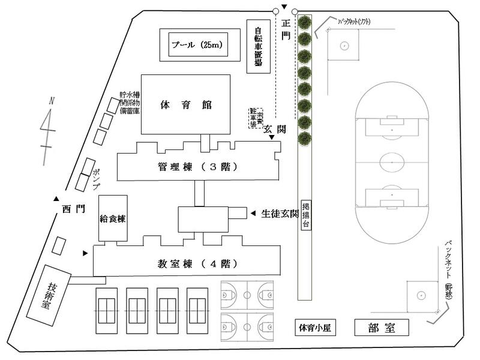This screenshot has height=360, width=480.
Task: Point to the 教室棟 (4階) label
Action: click(198, 263)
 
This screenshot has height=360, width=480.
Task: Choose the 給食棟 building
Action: click(112, 218)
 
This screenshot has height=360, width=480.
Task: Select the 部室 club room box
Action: click(382, 328)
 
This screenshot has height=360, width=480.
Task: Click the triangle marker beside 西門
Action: click(56, 199)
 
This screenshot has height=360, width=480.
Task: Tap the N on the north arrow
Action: click(52, 101)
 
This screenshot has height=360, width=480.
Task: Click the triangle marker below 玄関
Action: click(272, 139)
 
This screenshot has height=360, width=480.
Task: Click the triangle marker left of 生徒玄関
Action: click(253, 212)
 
